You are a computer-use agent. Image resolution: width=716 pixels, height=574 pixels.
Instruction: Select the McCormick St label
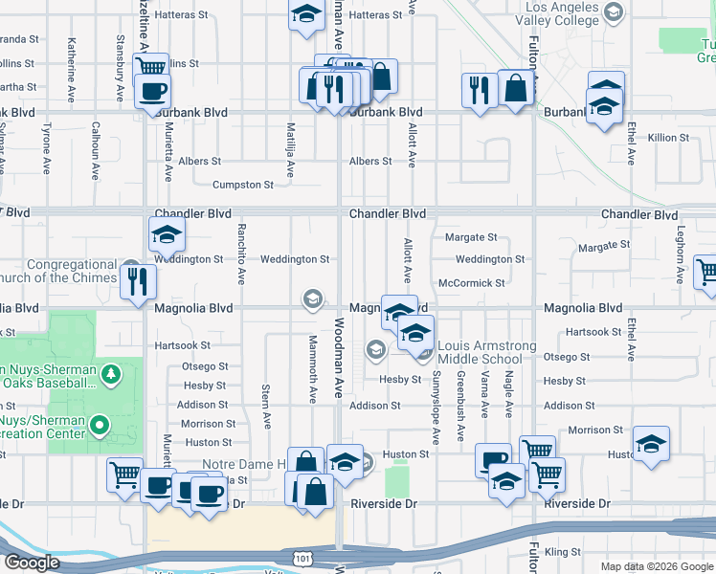(471, 283)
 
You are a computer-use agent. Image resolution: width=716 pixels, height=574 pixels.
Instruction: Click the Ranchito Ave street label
(241, 254)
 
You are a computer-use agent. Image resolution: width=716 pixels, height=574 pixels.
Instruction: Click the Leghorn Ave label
(681, 258)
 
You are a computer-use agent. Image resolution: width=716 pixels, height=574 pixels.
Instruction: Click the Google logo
(32, 563)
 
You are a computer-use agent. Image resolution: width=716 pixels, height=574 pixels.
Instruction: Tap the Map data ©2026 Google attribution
(657, 566)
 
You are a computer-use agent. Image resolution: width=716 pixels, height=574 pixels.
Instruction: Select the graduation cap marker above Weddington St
(167, 233)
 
